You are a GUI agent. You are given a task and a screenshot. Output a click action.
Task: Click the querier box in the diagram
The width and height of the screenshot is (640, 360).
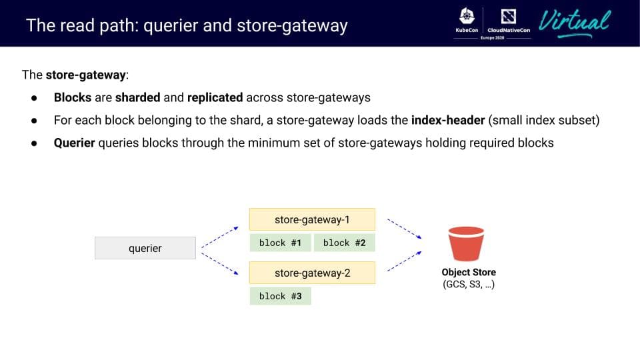coord(145,248)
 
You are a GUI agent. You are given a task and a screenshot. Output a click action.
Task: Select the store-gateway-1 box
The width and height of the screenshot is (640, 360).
coord(312,219)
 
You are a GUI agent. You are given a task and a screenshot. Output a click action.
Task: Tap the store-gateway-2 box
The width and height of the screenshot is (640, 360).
coord(312,273)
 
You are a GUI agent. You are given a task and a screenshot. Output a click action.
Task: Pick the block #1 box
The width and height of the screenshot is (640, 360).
coord(280,243)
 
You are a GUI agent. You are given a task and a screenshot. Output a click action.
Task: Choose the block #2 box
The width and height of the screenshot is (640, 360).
coord(344,243)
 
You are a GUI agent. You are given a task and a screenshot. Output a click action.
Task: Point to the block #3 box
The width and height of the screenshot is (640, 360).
coord(280,296)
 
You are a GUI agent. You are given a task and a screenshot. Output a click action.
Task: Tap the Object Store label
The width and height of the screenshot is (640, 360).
coord(469,272)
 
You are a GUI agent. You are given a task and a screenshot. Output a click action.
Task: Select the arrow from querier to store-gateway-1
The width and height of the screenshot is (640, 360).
coord(220,237)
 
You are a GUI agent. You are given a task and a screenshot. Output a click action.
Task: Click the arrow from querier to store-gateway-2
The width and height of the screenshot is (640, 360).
coord(220,263)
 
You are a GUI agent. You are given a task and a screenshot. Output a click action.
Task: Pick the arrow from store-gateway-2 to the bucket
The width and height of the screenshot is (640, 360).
coord(404,261)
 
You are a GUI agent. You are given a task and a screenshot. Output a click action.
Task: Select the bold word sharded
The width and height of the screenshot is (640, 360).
coord(137,97)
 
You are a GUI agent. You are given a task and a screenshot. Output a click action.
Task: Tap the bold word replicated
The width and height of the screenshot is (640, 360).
coord(215,97)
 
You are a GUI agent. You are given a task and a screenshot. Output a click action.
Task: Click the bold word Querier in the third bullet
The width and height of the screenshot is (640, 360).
coord(74,143)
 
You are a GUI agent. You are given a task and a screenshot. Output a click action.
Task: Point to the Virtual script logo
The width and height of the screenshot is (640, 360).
coord(575,22)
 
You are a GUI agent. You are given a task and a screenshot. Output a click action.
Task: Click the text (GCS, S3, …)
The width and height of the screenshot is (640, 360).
coord(469,285)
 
